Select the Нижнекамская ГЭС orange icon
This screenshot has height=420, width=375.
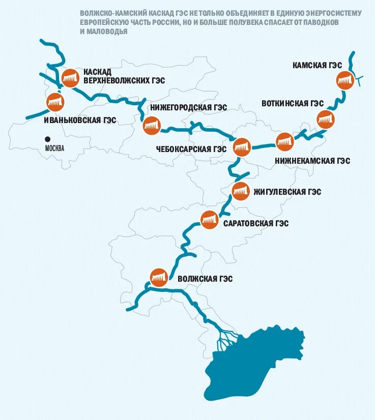[x=284, y=141]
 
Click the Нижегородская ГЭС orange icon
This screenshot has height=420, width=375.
[x=151, y=126]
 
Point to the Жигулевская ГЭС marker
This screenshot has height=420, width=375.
[x=240, y=192]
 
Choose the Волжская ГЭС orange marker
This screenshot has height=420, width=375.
[x=159, y=277]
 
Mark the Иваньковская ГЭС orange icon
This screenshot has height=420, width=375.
[x=54, y=102]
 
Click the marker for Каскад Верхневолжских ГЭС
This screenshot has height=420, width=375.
[x=70, y=78]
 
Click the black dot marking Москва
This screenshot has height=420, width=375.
[x=47, y=138]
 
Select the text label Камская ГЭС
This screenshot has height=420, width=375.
[x=317, y=65]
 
